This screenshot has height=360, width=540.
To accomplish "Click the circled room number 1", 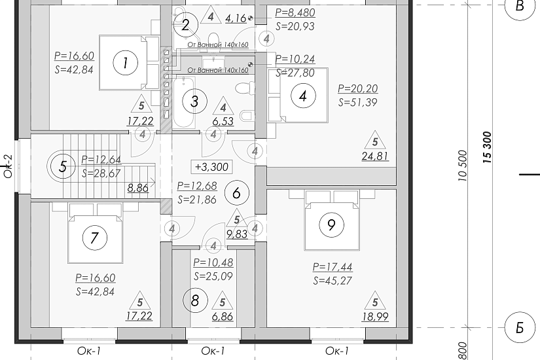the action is click(x=126, y=63).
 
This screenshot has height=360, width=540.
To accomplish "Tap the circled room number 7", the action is click(x=95, y=238).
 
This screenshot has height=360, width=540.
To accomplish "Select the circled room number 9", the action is click(x=331, y=225).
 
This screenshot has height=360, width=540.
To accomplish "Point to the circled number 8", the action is click(x=195, y=300).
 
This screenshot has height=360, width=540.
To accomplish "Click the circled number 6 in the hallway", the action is click(x=236, y=193).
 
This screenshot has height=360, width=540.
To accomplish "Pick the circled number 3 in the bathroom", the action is click(x=194, y=101).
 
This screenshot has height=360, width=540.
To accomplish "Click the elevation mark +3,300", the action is click(x=212, y=167).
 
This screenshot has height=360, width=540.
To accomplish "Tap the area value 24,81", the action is click(x=375, y=156).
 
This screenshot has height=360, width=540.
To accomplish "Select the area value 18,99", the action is click(x=375, y=317).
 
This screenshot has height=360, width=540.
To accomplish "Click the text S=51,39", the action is click(x=358, y=102).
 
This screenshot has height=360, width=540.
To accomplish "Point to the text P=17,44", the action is click(x=333, y=267).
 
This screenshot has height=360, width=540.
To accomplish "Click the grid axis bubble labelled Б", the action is click(x=520, y=328).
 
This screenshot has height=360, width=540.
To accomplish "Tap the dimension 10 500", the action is click(x=463, y=166).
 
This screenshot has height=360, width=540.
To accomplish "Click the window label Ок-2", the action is click(x=8, y=166).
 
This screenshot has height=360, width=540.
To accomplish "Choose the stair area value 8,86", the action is click(x=137, y=188).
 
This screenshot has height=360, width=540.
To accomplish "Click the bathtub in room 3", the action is click(x=184, y=102).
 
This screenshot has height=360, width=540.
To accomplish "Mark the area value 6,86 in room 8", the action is click(x=223, y=317).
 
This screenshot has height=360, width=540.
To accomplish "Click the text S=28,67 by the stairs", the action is click(x=101, y=173).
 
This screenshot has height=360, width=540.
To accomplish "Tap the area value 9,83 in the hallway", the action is click(x=237, y=234).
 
